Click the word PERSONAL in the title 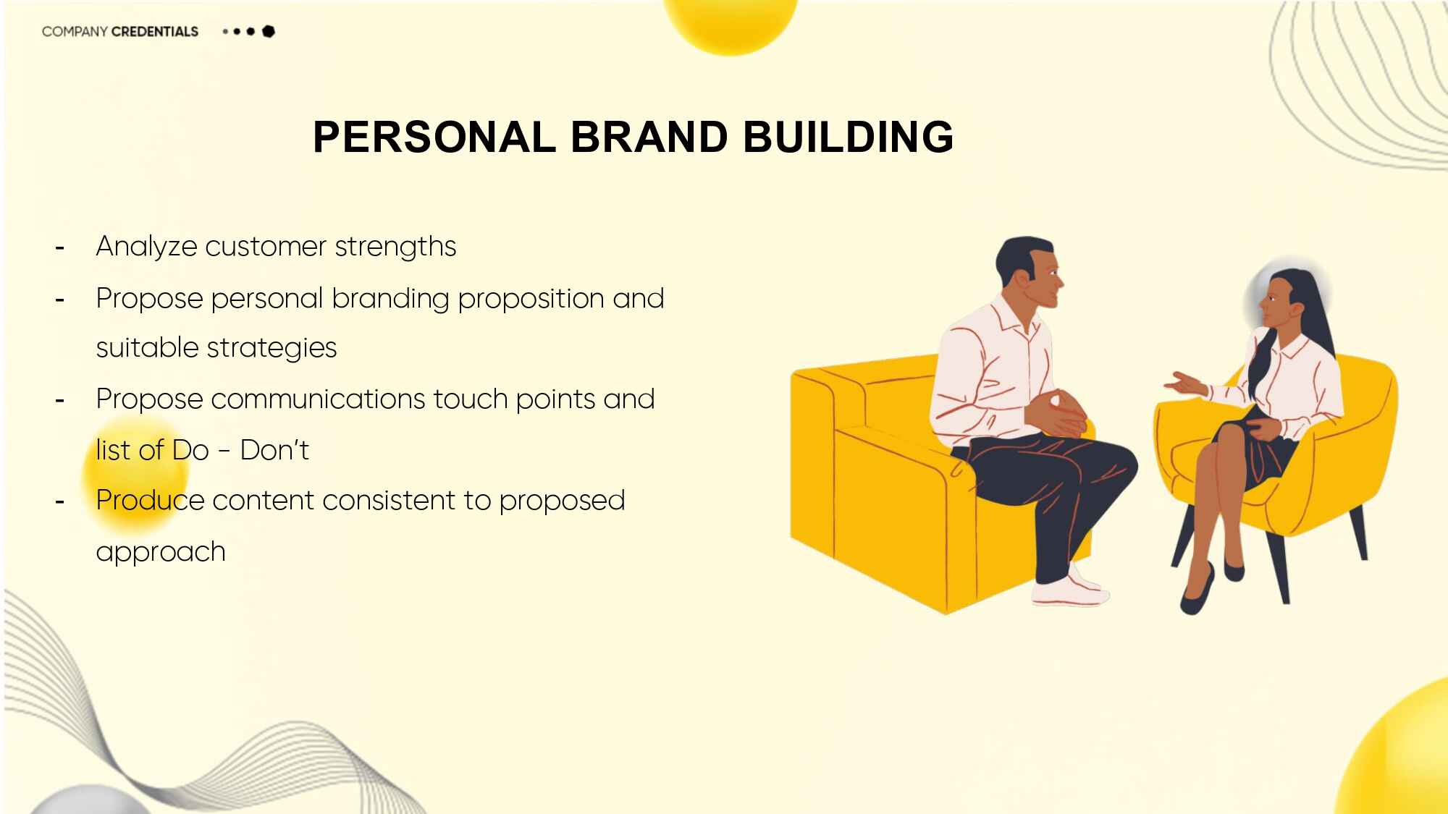(434, 137)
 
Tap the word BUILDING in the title (849, 137)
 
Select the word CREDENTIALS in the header (155, 32)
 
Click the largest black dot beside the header (269, 31)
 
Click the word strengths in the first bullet (395, 247)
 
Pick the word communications (319, 399)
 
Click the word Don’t (274, 450)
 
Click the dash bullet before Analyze (60, 248)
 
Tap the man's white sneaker (1070, 590)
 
